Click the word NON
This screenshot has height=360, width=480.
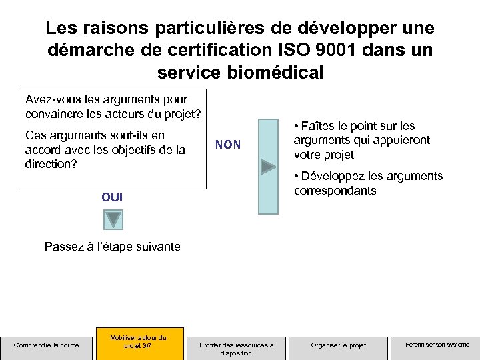point(228,145)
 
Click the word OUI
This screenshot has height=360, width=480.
point(112,197)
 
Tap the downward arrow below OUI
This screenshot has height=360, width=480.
point(113,219)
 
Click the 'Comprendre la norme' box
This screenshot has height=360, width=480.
point(47,345)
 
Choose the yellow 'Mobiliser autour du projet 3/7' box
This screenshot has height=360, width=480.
point(139,341)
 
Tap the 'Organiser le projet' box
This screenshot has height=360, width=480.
point(339,345)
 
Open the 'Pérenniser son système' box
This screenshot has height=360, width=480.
point(437,345)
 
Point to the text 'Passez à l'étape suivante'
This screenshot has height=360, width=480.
point(112,247)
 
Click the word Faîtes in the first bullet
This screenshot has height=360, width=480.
point(319,126)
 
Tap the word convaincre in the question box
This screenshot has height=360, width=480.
point(53,113)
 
